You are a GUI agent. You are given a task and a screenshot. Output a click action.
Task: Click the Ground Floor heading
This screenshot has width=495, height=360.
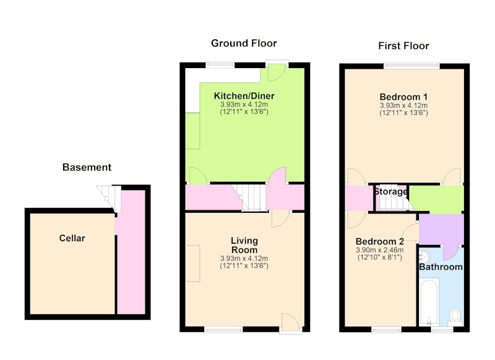tap(244, 43)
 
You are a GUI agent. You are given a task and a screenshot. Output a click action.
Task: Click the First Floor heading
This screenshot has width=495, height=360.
tap(403, 46)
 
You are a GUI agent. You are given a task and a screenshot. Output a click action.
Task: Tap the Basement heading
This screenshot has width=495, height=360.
tap(87, 167)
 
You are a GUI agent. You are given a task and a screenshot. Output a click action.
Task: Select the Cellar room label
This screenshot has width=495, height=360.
tap(72, 238)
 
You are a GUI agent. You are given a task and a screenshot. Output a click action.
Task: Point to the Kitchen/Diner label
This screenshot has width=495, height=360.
tap(244, 96)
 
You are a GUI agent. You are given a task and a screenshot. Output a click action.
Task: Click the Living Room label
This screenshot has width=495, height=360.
tap(244, 245)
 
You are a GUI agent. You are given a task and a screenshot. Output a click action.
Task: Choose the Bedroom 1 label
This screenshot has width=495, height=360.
tap(403, 96)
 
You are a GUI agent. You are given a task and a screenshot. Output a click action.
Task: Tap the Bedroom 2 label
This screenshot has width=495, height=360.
tap(380, 241)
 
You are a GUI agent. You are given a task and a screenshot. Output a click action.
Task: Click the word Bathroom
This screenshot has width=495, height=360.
tap(441, 267)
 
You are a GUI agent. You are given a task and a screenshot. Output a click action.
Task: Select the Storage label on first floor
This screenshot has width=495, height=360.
tap(390, 191)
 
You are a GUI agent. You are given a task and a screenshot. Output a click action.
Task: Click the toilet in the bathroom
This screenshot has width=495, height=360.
tap(455, 317)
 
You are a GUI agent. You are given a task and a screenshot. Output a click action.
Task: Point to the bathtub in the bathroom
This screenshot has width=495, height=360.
tap(429, 302)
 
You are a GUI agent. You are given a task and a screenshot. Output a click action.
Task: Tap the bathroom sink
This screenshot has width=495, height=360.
tap(424, 257)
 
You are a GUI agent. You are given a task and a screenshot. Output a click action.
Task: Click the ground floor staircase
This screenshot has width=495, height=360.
tap(251, 197)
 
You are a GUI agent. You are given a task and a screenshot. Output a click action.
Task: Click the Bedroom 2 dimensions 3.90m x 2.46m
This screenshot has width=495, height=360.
tap(380, 250)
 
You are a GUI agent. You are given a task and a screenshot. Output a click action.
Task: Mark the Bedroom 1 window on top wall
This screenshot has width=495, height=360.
tap(411, 66)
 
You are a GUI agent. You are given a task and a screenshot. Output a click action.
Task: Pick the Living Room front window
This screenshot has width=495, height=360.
tap(223, 330)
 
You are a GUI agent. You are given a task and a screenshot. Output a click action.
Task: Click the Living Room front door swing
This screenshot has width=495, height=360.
tap(290, 320)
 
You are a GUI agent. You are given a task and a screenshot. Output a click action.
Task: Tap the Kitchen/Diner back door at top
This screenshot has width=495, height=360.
tap(277, 72)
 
